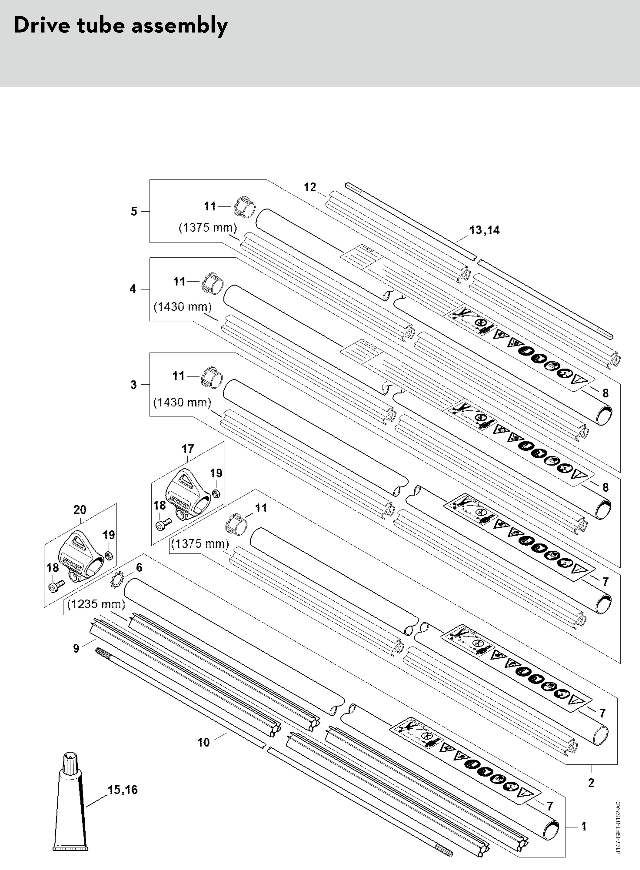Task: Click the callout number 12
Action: click(310, 187)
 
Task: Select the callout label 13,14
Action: click(484, 230)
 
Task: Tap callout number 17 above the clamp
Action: click(188, 449)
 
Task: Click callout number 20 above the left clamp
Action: click(80, 510)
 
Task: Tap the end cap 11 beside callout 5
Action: click(244, 207)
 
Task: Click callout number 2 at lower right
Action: click(591, 783)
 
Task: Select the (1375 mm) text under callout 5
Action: click(208, 228)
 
